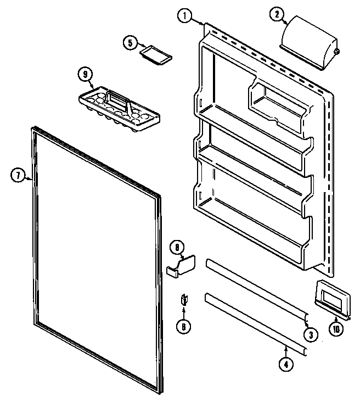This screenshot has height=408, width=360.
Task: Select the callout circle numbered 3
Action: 311,333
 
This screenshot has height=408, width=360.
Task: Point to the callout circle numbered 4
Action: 285,363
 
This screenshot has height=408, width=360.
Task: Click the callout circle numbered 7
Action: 18,176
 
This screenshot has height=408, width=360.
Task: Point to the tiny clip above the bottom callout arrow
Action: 184,300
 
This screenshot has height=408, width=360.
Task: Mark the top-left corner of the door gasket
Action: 30,130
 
